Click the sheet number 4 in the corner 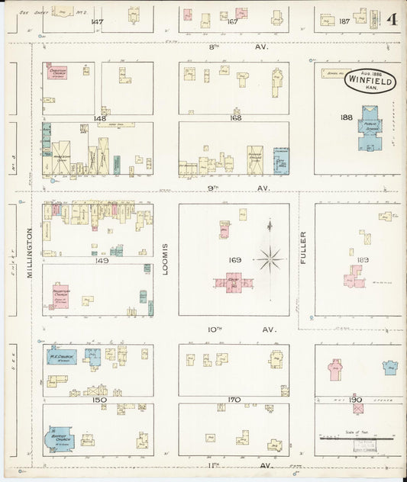click(x=391, y=19)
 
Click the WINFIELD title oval click(x=370, y=79)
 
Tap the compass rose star click(x=269, y=260)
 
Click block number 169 click(x=234, y=260)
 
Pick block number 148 click(x=99, y=118)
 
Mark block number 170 click(x=234, y=399)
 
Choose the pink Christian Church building click(x=58, y=72)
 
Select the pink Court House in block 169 click(x=234, y=281)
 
